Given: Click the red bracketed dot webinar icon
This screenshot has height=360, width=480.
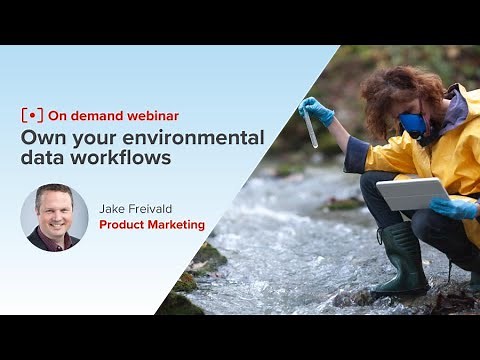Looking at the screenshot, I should [x=33, y=115].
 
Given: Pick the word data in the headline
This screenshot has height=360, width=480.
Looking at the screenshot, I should [x=43, y=159].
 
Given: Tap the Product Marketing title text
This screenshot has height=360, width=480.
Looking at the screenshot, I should [x=152, y=225].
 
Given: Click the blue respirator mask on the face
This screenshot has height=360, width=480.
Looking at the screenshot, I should [x=412, y=125].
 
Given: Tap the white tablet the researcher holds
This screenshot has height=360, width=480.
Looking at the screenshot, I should [x=413, y=193].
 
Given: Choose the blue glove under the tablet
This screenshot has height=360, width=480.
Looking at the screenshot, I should [x=455, y=208].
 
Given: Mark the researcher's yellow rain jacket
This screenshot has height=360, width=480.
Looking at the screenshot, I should [x=445, y=150].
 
